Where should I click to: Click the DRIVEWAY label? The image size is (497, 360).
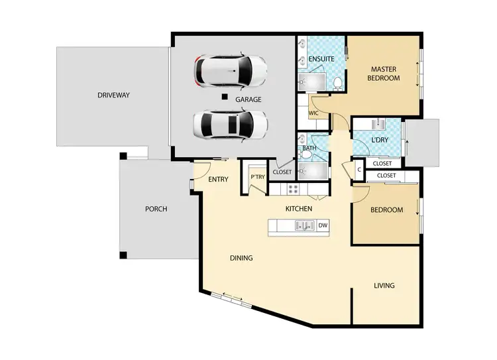pos(114,95)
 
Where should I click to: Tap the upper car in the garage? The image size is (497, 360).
pos(230,70)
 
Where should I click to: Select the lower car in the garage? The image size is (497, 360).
pos(230,123)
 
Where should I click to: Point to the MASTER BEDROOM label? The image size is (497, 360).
pos(384,74)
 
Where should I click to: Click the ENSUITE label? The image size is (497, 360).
pos(321,59)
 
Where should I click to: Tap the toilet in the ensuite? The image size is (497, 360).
pos(337,82)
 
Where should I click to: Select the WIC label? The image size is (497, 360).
pos(314,113)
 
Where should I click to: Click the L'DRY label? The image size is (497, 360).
pos(380,140)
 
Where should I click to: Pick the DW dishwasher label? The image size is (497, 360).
pos(323,226)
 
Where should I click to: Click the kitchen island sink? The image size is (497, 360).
pos(304,227)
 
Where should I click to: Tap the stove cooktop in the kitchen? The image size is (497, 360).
pos(292,190)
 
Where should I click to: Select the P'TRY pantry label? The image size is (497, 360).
pos(257,178)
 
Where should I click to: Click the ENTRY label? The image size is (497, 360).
pos(218,180)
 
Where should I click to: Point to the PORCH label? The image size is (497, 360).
pos(156,209)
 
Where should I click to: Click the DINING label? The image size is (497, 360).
pos(241,258)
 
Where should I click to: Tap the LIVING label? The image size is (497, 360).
pos(384,286)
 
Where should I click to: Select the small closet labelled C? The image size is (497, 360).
pos(359,169)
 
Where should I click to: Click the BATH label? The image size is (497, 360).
pos(309,149)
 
